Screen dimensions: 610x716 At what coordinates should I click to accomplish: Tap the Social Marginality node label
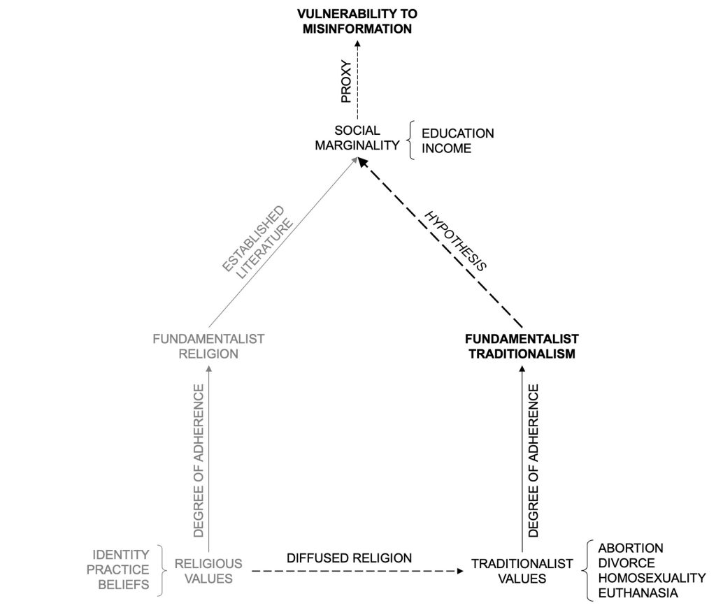coord(357,138)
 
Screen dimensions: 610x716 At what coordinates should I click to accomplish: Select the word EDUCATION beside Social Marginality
coord(457,133)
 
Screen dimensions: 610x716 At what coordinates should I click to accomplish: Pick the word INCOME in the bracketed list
coord(446,148)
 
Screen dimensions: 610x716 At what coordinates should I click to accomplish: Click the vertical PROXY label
coord(345,82)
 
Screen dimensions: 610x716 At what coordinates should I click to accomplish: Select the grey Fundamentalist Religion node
coord(208,346)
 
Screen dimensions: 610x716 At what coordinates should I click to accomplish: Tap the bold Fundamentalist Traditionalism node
coord(522,346)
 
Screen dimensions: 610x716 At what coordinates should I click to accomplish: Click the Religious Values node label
coord(208,571)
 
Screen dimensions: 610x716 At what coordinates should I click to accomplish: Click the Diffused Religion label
coord(350,558)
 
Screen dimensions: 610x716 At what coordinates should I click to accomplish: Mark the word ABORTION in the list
coord(631,548)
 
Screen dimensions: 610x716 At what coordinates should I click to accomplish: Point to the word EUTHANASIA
coord(638,593)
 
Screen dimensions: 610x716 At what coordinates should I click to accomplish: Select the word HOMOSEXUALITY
coord(652,578)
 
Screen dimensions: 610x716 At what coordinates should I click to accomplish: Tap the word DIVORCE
coord(626,562)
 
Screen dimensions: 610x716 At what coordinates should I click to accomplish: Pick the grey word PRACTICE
coord(117,569)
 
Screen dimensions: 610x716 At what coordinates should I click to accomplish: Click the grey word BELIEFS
coord(122,585)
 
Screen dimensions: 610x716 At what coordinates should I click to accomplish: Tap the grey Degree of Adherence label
coord(199,460)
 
